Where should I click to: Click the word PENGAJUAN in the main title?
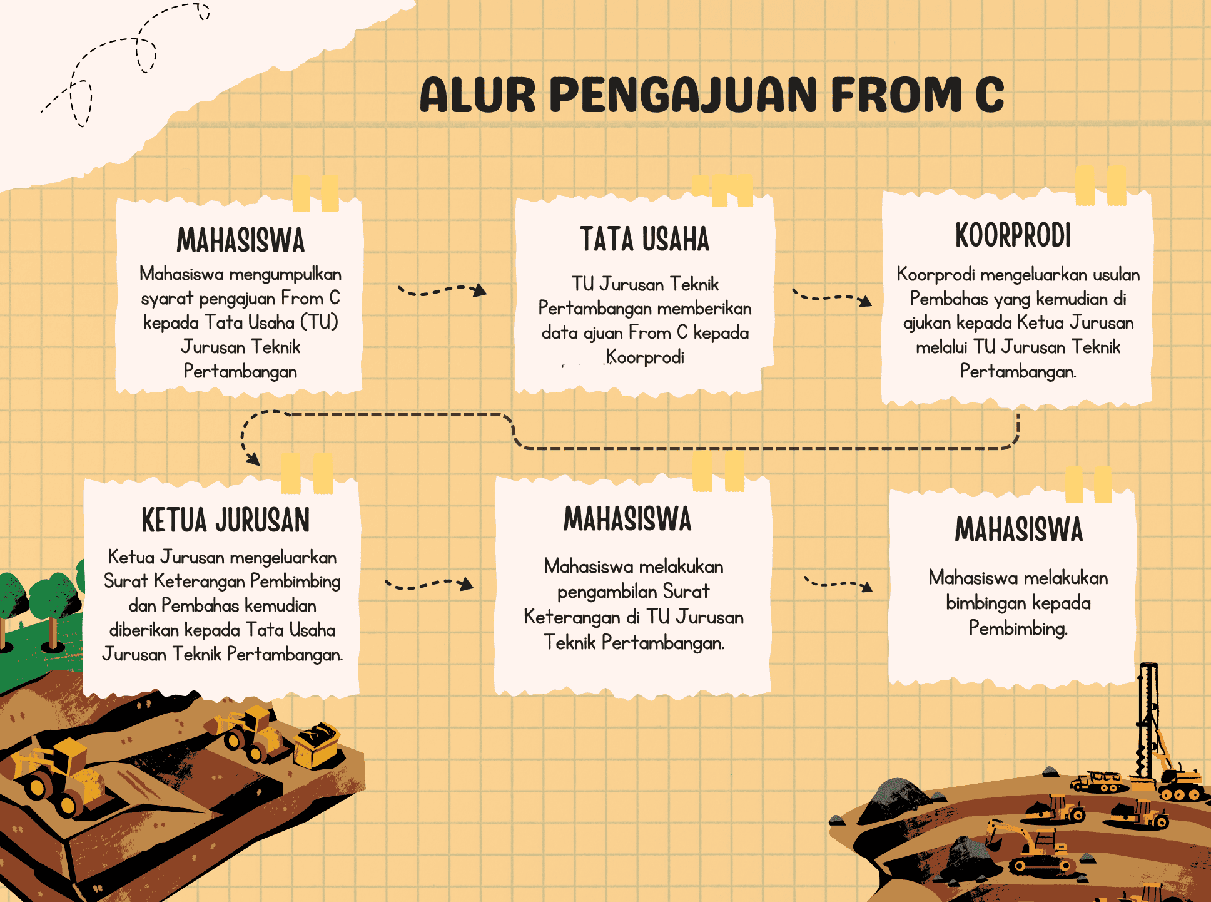point(683,95)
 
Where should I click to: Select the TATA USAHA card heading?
point(645,239)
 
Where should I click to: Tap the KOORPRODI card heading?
point(1013,236)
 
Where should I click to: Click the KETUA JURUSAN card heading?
point(226,521)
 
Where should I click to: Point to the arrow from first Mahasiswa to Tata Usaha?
point(442,290)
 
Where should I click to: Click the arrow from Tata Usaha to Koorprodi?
point(832,297)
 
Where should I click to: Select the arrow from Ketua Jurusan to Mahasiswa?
point(429,585)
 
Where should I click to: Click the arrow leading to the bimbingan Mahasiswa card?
point(838,584)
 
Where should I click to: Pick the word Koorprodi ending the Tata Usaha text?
point(645,357)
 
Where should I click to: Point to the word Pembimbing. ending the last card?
point(1018,628)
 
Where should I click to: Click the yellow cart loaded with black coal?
point(317,745)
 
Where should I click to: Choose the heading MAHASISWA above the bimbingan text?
point(1018,530)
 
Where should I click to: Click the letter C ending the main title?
point(990,95)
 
